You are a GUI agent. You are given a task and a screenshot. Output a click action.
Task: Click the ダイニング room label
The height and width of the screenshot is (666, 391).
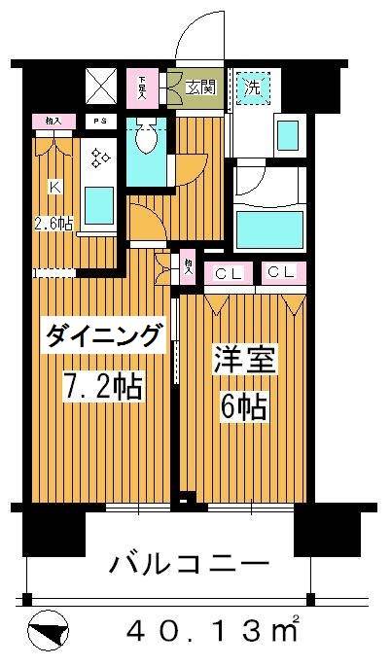point(103,337)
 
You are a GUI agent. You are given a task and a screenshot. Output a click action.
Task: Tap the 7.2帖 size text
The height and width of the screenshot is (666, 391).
point(103,386)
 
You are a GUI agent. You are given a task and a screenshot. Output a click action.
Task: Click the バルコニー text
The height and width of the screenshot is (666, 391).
point(189,563)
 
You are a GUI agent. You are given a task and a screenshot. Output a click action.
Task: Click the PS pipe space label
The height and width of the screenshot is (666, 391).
point(99,122)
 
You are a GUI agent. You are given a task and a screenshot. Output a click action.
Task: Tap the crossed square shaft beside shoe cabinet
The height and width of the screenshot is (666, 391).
point(100,88)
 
